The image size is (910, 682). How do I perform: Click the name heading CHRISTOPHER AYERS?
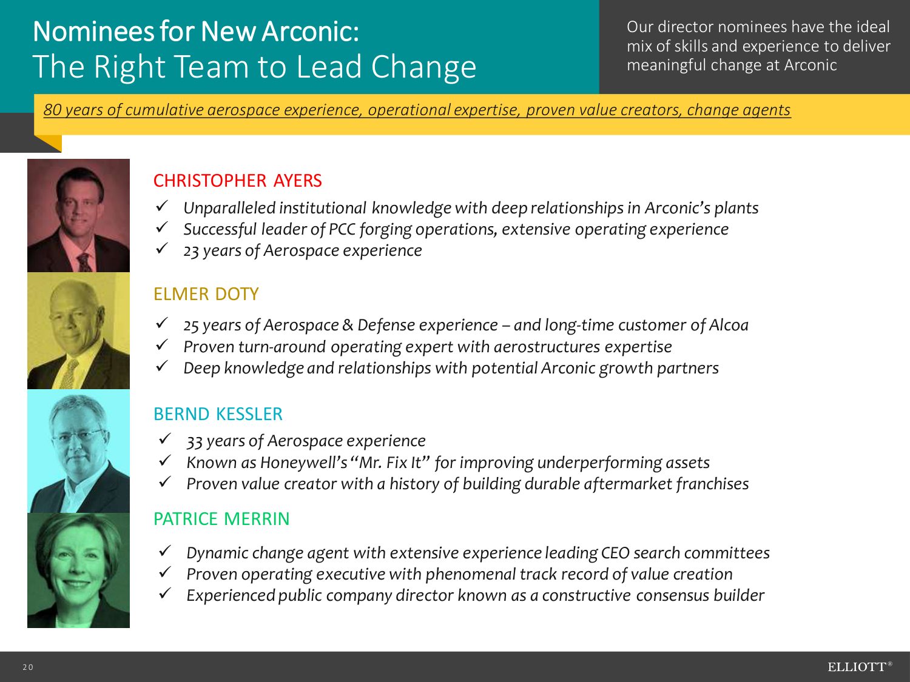click(238, 181)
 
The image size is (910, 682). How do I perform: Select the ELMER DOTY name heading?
click(206, 294)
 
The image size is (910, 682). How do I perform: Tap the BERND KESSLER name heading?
click(218, 414)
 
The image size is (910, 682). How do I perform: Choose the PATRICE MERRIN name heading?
click(221, 519)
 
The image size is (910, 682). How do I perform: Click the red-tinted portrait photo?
click(78, 215)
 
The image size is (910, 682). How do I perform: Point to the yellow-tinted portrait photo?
click(78, 330)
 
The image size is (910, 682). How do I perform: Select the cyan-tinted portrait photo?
click(78, 451)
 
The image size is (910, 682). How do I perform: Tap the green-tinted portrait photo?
click(78, 570)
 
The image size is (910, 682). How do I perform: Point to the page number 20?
click(28, 667)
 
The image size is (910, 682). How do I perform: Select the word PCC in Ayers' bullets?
click(342, 229)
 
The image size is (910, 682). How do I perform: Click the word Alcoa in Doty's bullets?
click(729, 325)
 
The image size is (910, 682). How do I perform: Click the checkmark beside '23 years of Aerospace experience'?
click(162, 249)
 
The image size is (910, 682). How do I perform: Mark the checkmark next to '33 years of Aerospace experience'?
click(165, 438)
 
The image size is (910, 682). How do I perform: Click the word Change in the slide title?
click(423, 67)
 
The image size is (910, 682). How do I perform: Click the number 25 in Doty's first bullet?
click(191, 326)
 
